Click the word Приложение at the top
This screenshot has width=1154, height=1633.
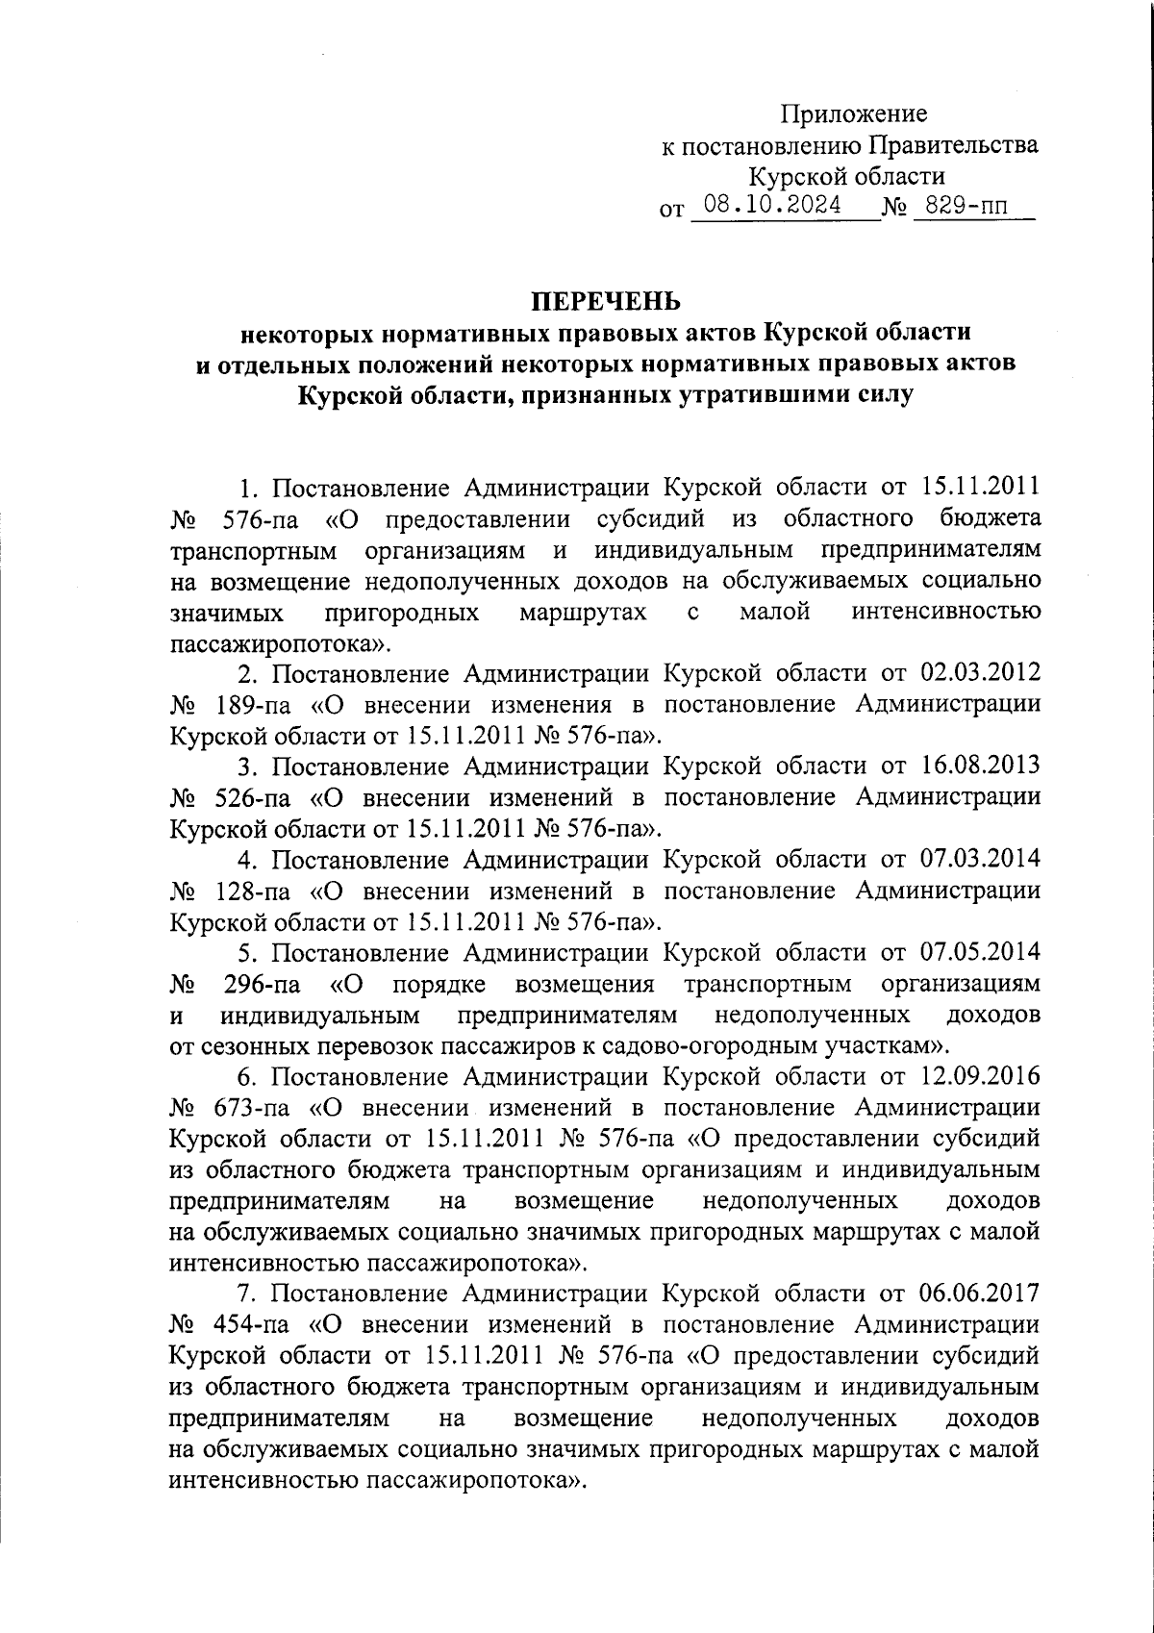tap(853, 114)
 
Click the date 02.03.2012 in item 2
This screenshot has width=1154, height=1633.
tap(979, 673)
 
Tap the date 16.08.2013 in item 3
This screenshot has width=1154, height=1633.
tap(979, 766)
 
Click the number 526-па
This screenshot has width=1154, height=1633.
tap(256, 798)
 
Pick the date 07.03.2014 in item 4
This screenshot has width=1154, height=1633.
tap(979, 860)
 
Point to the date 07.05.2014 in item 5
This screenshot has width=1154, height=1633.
tap(979, 953)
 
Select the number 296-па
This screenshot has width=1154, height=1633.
tap(261, 985)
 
